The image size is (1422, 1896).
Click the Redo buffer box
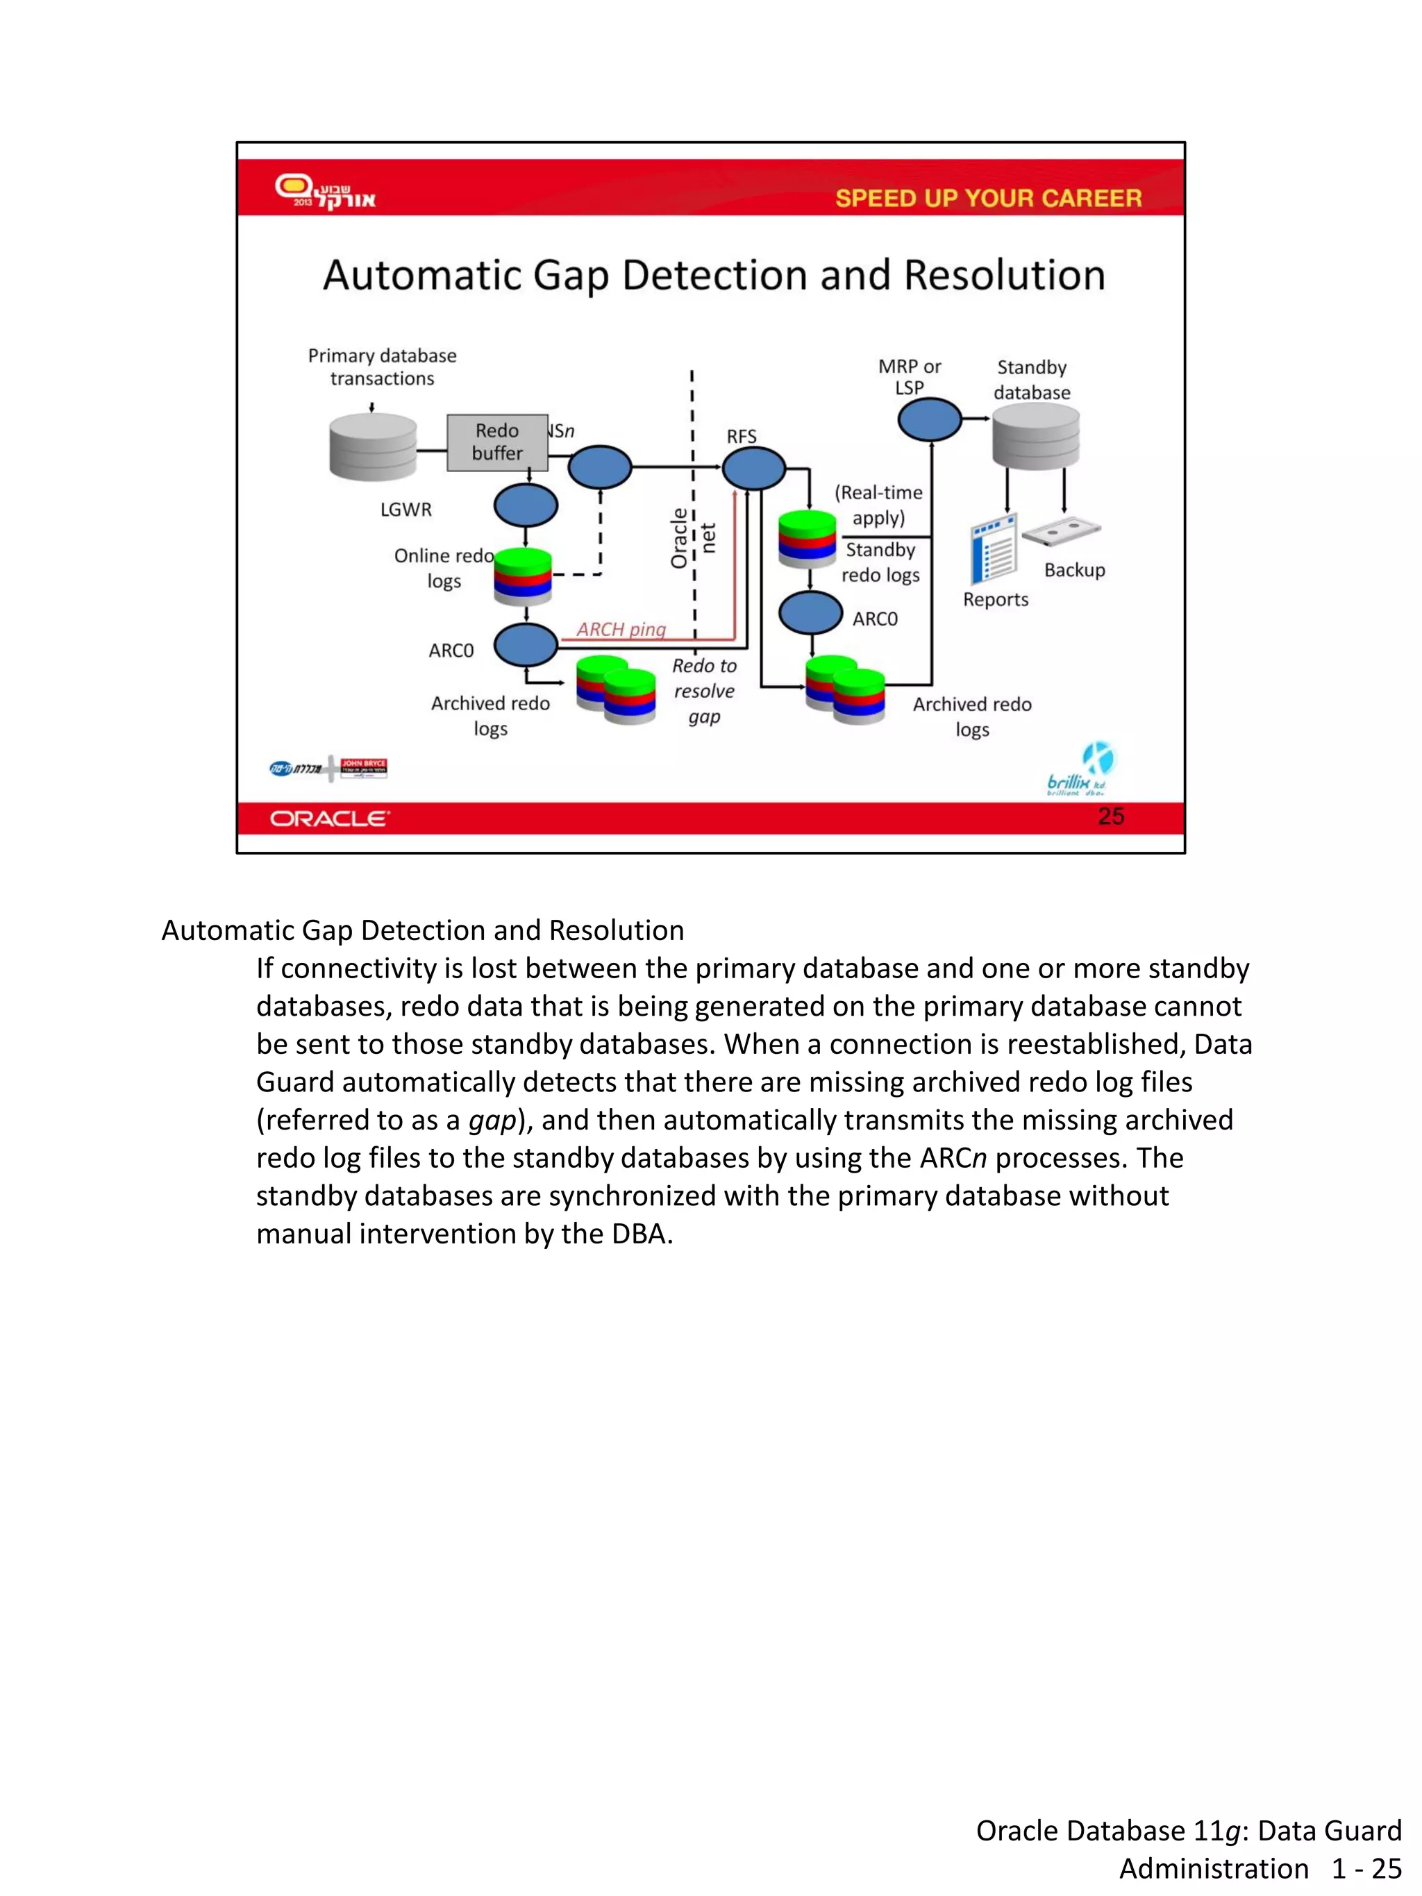pos(497,442)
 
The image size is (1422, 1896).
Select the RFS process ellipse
pos(753,468)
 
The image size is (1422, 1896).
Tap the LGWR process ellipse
pos(526,505)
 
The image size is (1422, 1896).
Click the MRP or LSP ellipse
pos(929,420)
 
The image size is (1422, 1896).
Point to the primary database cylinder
pos(373,446)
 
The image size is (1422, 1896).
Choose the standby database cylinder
pos(1035,436)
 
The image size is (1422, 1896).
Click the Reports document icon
pos(994,549)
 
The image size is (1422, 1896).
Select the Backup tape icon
pos(1061,531)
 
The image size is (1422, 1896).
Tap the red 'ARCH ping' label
pos(621,629)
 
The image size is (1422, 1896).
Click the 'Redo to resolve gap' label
pos(704,691)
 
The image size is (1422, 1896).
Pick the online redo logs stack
pos(523,576)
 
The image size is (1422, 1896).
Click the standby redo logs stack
pos(807,538)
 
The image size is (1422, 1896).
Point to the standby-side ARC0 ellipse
pos(810,613)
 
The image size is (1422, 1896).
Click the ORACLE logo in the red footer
pos(330,819)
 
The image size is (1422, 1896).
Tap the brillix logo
pos(1078,771)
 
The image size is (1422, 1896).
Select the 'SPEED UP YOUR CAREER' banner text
pos(988,198)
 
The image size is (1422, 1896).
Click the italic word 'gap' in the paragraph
pos(492,1121)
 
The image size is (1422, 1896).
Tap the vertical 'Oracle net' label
pos(692,538)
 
